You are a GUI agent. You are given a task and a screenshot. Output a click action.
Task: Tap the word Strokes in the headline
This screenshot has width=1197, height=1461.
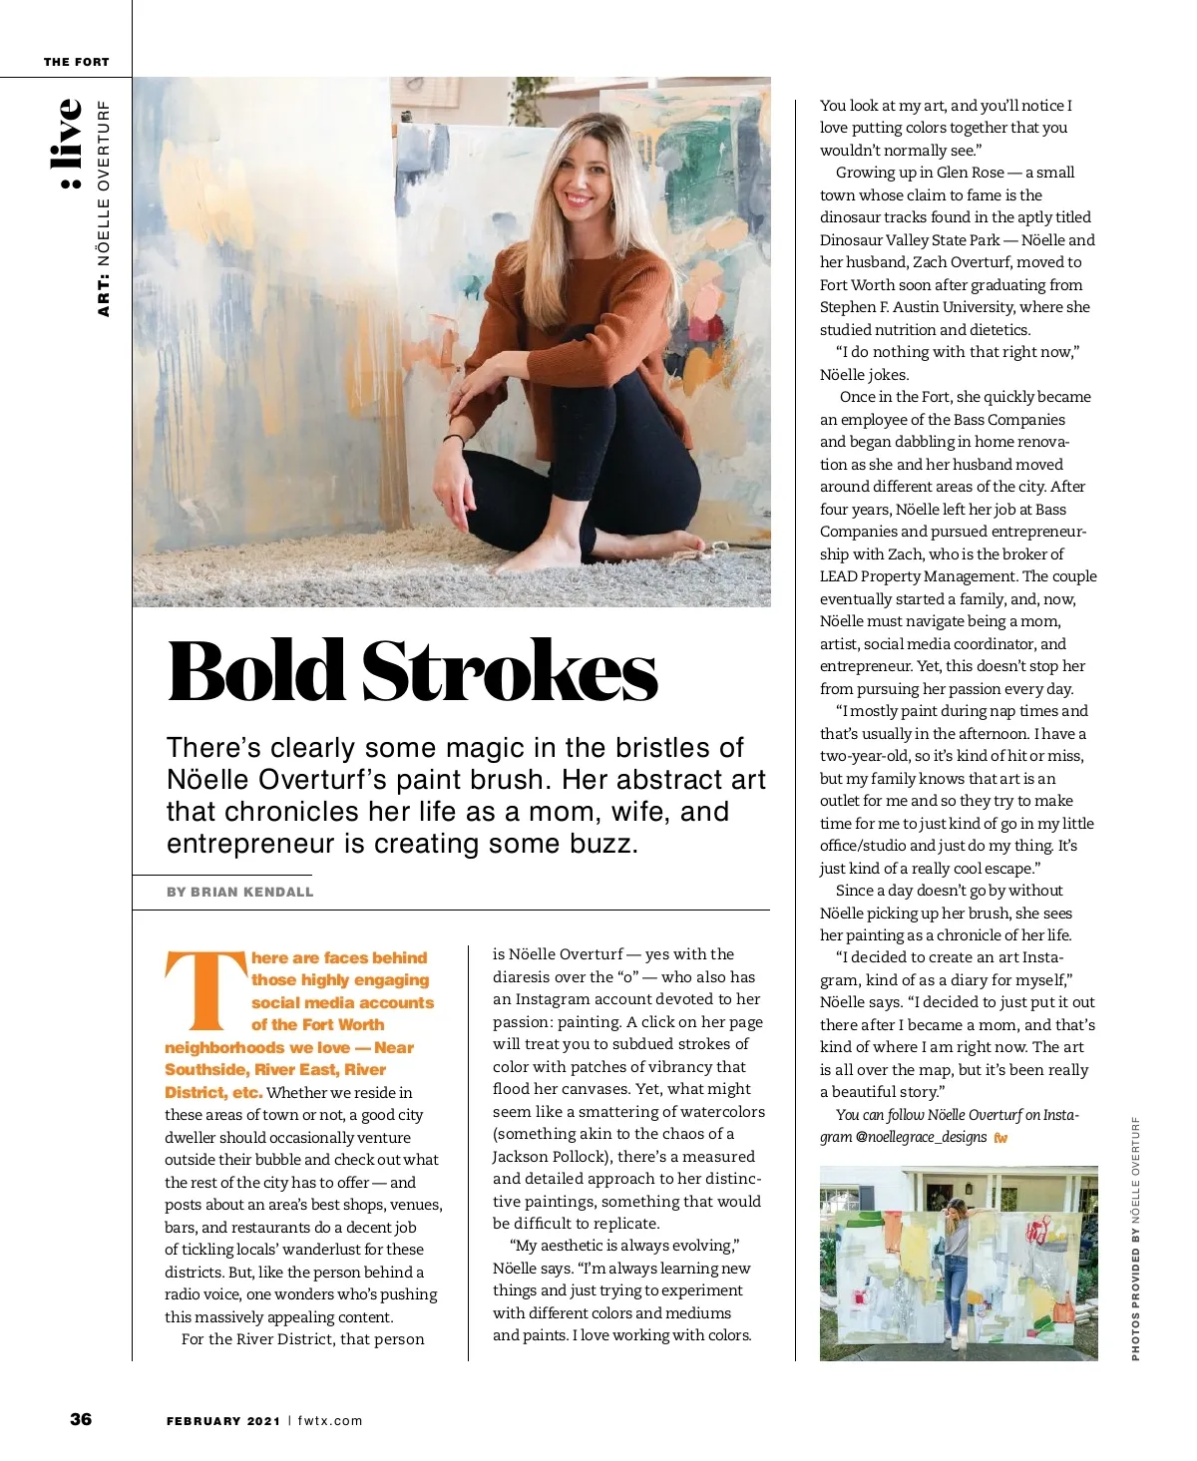[509, 671]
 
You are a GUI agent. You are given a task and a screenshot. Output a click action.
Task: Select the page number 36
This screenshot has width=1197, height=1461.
[81, 1419]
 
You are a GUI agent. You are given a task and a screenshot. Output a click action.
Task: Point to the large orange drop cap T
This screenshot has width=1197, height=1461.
[204, 989]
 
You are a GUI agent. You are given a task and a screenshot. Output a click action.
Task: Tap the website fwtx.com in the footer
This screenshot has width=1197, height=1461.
[330, 1420]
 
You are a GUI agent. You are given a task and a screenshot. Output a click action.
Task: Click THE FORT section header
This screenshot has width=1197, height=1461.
[76, 62]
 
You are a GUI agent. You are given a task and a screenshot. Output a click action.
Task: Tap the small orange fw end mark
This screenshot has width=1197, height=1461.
[1000, 1138]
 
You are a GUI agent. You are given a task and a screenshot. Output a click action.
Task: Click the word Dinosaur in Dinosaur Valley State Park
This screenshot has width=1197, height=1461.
[851, 240]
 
